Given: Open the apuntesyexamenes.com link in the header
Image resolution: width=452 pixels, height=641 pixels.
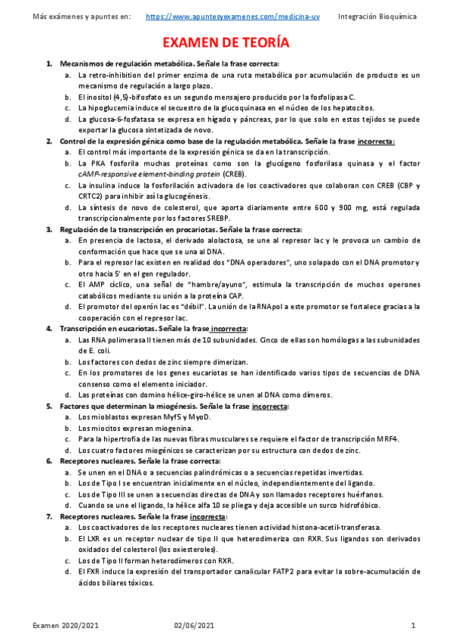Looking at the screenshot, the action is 233,16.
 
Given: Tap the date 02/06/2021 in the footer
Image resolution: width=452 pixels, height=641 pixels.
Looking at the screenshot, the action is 194,626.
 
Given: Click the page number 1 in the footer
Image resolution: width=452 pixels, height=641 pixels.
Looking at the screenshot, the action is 414,626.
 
